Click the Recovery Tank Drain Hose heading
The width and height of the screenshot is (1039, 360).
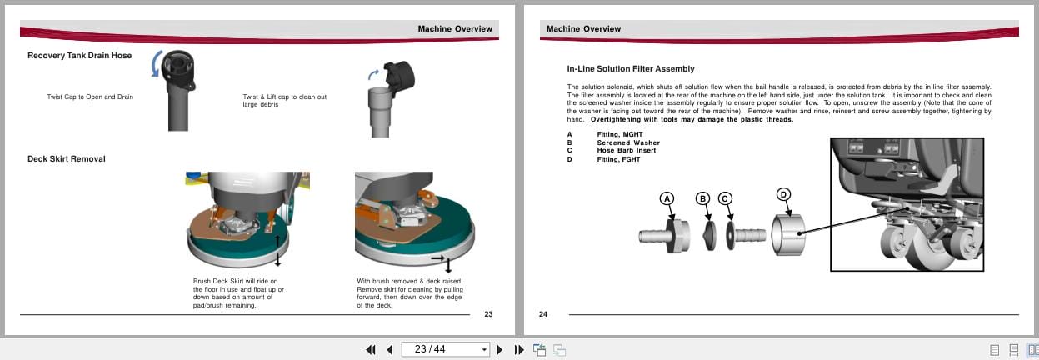pos(79,56)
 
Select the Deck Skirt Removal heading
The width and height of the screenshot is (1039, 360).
pos(66,158)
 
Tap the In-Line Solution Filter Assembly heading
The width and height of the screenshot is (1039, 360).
pos(630,69)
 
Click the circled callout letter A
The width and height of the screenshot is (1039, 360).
pos(666,198)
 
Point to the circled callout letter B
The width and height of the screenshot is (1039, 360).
pos(703,198)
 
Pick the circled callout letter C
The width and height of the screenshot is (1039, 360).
pos(725,198)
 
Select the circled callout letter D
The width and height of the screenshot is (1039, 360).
pos(783,194)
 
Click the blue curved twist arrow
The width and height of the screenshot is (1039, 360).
pos(156,65)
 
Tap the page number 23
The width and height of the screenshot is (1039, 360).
pos(488,314)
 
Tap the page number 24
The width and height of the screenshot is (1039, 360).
pos(543,314)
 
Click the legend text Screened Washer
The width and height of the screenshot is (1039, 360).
pos(627,142)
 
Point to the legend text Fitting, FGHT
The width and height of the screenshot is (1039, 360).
pos(618,159)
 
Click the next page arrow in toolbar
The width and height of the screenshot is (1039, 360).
pos(500,349)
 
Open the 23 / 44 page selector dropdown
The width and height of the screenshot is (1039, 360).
pos(484,349)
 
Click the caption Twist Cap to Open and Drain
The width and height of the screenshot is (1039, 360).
pos(90,97)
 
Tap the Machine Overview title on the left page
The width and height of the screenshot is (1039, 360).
pos(455,29)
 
